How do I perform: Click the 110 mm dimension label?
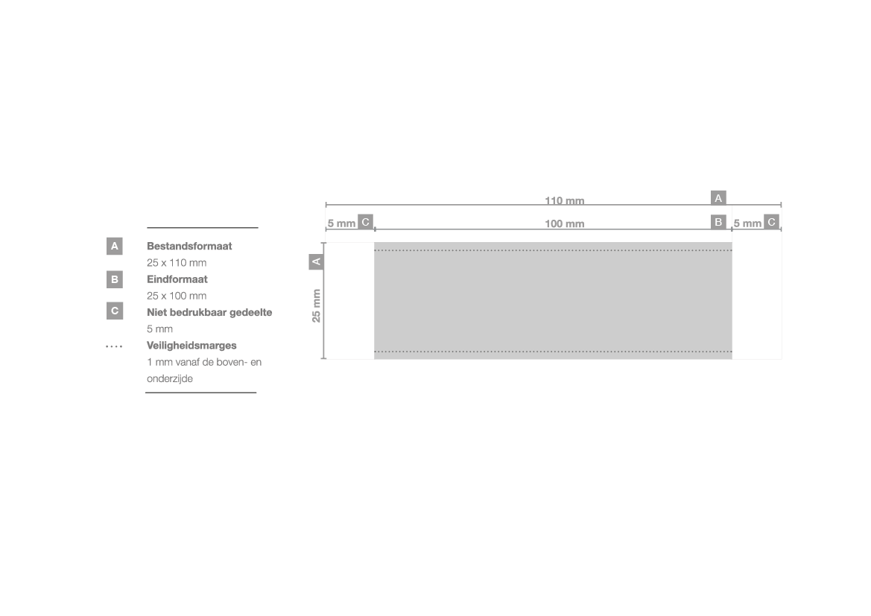564,200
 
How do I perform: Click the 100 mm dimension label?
564,224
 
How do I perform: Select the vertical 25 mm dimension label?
316,305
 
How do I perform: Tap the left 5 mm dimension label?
341,223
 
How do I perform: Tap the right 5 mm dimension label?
747,223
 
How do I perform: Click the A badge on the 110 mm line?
718,197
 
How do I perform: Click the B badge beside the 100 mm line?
718,222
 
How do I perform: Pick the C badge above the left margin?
366,222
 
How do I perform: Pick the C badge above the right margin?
772,222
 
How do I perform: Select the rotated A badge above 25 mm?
316,261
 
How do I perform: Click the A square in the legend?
115,246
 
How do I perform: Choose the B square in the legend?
115,279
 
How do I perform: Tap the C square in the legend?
115,311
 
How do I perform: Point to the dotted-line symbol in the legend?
114,346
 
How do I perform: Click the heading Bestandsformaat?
189,246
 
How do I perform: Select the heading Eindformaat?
177,279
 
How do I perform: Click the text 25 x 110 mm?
177,263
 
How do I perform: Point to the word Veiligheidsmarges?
191,346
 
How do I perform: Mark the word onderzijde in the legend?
170,379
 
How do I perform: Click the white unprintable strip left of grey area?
350,300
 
